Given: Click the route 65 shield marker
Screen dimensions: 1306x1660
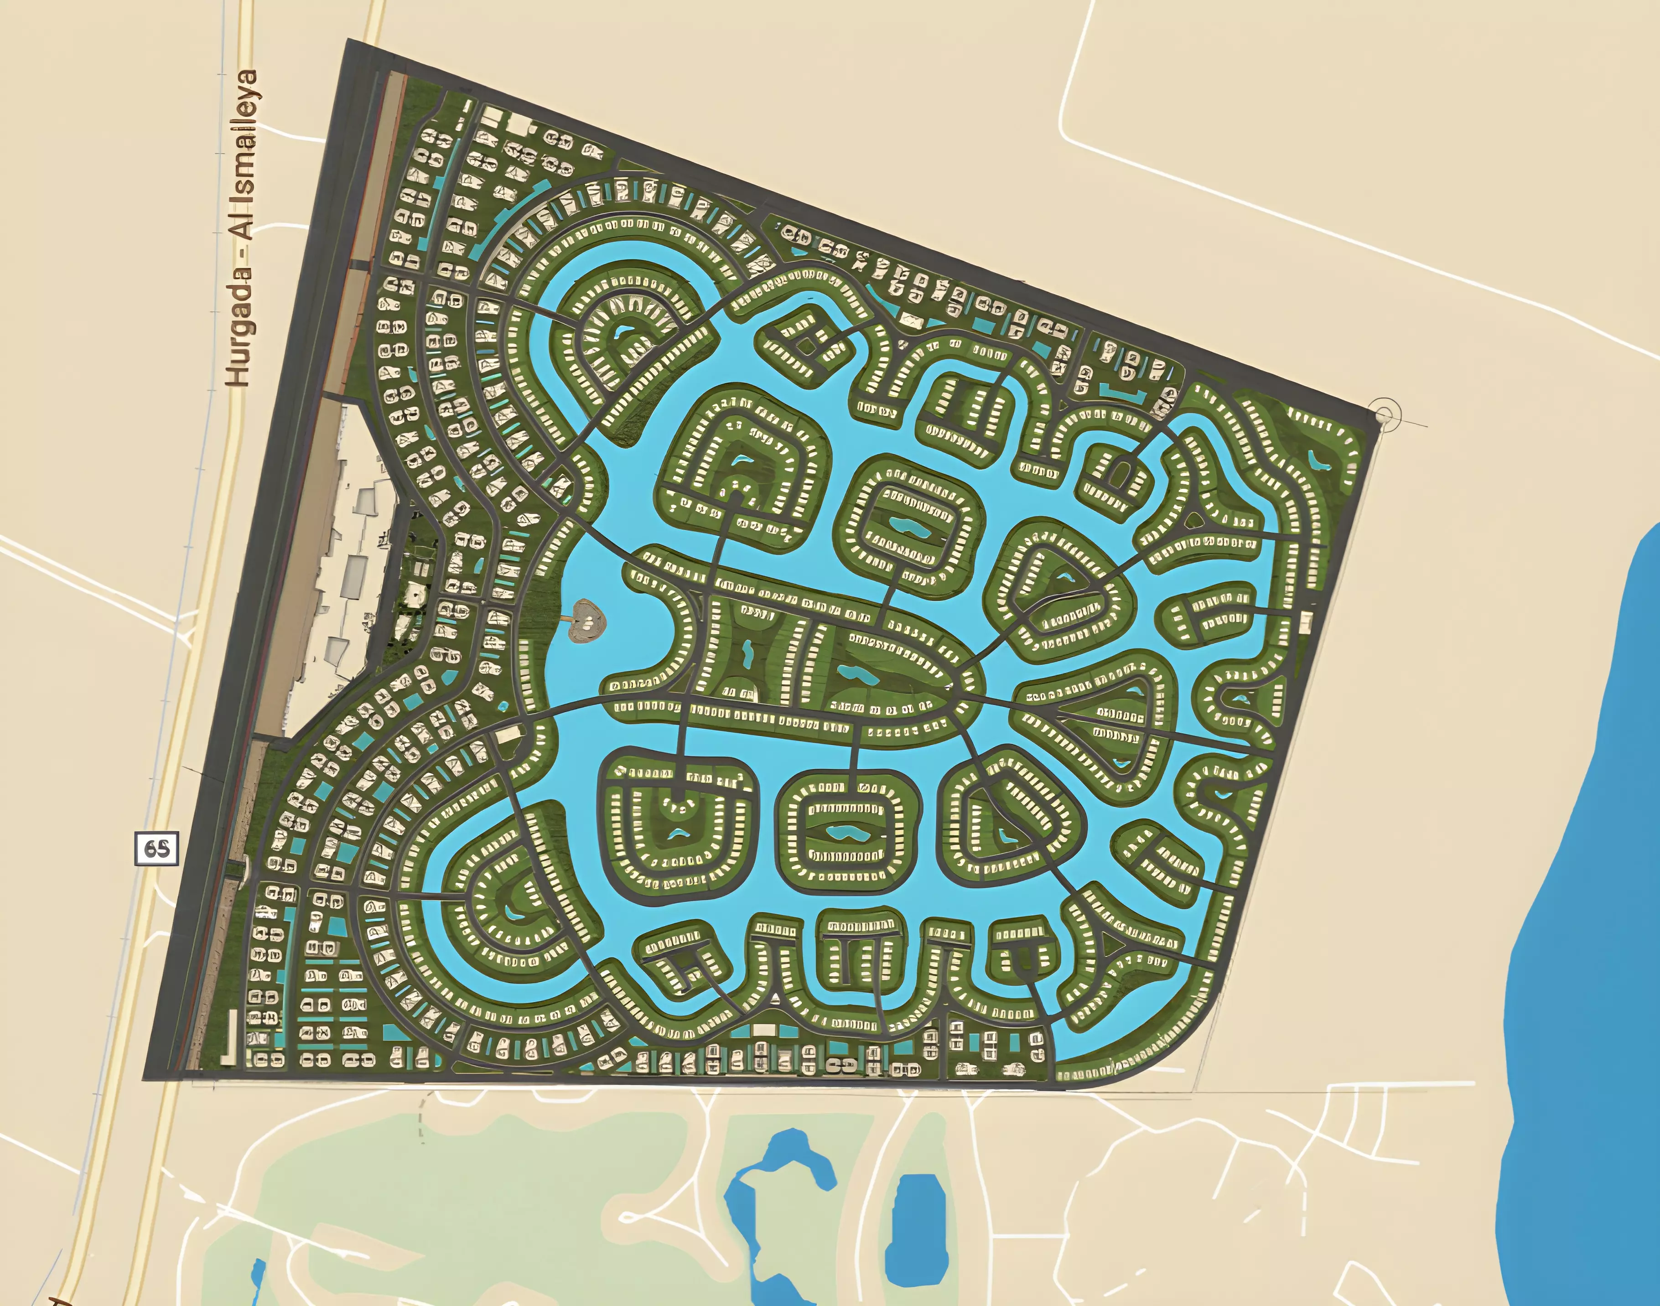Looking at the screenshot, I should pos(157,849).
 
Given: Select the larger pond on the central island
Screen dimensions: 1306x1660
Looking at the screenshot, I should pos(858,674).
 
